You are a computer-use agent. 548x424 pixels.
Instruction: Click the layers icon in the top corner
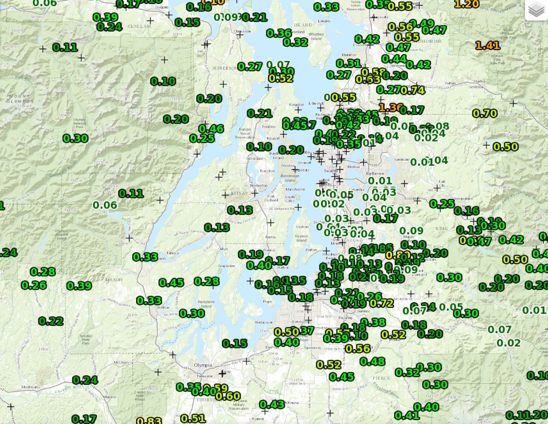pos(536,10)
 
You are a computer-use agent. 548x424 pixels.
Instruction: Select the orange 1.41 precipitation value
pos(487,45)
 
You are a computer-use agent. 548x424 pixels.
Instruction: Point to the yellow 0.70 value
pos(485,114)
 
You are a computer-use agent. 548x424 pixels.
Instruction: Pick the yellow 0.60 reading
pos(228,396)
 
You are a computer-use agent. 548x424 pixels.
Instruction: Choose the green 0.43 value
pos(271,404)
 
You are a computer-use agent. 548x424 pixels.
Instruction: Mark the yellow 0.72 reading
pos(382,303)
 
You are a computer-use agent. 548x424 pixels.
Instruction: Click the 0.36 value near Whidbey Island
pos(279,33)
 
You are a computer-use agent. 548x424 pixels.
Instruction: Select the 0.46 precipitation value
pos(211,129)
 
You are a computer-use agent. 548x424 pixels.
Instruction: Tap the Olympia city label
pos(203,365)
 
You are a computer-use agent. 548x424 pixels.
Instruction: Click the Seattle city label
pos(330,171)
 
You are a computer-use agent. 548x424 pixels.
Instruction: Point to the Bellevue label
pos(375,173)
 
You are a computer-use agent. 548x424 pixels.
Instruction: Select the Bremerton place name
pos(259,186)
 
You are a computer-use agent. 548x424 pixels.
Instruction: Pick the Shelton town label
pos(163,307)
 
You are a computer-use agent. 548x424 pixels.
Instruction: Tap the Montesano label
pos(31,387)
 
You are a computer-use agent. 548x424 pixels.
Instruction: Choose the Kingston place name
pos(297,105)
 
